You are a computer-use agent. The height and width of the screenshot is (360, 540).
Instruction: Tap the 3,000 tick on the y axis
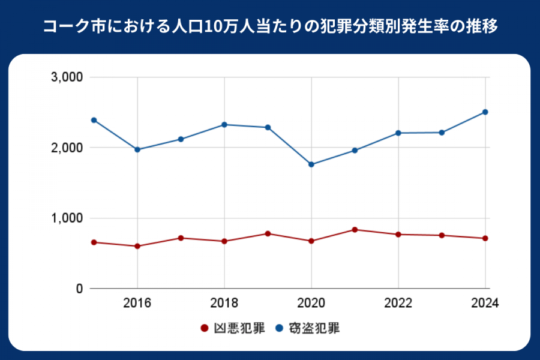(x=68, y=77)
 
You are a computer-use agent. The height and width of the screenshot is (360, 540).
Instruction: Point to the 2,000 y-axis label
(x=68, y=148)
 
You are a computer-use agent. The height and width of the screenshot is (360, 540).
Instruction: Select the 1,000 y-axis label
(x=68, y=218)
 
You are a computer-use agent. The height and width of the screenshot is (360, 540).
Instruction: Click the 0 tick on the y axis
(x=78, y=289)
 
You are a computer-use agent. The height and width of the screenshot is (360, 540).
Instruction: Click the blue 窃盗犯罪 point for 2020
(x=311, y=164)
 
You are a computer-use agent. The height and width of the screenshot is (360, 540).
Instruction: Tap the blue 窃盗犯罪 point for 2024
(x=485, y=112)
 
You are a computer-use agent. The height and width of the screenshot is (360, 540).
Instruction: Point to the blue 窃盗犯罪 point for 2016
(x=137, y=149)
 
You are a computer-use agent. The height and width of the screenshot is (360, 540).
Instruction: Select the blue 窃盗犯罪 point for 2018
(x=224, y=125)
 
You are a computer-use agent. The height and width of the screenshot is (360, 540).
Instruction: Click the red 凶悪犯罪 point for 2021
(x=355, y=230)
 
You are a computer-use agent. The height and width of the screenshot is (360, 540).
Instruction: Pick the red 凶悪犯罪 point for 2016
(x=137, y=246)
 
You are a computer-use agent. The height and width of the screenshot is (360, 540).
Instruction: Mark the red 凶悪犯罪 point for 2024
(x=485, y=238)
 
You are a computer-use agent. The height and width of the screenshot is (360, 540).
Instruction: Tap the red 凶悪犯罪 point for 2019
(x=268, y=233)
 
